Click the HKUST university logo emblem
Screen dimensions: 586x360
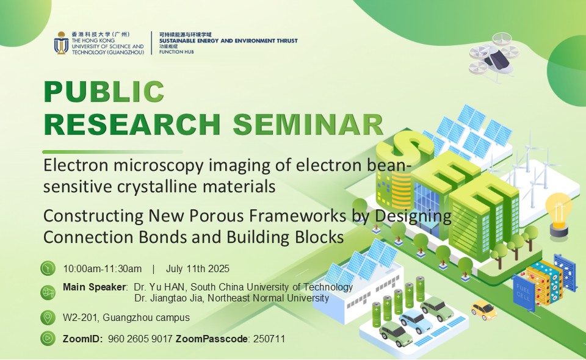61,43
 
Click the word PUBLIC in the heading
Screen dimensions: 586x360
104,92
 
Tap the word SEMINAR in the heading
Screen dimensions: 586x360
308,124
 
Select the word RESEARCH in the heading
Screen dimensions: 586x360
132,124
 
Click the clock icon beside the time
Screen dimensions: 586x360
48,268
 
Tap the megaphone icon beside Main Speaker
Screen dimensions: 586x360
48,292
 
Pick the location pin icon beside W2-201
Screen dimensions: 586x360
48,317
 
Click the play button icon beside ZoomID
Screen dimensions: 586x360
48,339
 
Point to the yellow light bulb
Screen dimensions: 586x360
559,214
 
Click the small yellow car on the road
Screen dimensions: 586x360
483,309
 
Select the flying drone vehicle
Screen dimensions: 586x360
494,56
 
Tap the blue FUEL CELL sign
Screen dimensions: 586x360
523,293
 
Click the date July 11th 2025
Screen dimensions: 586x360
198,269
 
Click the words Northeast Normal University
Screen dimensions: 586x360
269,298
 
